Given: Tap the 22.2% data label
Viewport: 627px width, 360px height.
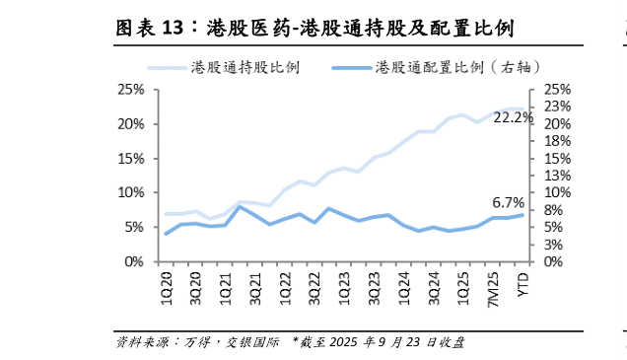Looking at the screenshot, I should (513, 117).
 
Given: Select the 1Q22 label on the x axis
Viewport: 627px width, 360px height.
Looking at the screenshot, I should (284, 282).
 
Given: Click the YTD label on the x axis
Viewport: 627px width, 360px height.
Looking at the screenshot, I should (522, 280).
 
